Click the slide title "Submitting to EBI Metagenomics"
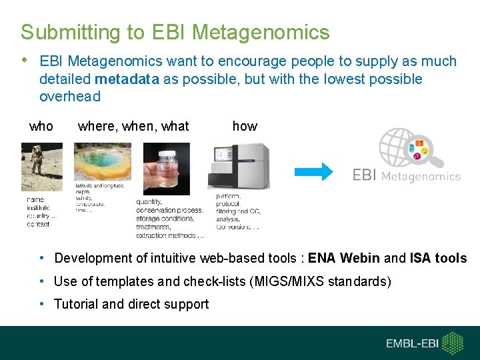click(x=175, y=32)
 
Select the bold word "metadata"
click(x=127, y=79)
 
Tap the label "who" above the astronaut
click(x=41, y=126)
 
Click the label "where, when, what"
click(x=133, y=126)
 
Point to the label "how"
click(x=245, y=126)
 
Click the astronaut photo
click(x=42, y=167)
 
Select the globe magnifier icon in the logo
click(x=410, y=149)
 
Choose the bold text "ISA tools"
click(x=438, y=258)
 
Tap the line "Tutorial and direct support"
click(x=131, y=304)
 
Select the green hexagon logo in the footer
click(x=454, y=343)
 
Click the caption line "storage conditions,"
click(x=169, y=219)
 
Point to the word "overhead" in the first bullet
click(x=70, y=97)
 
